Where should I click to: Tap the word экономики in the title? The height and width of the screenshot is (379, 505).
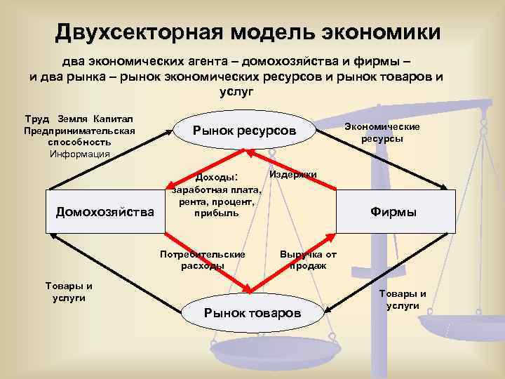pos(380,32)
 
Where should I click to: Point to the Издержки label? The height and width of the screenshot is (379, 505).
pos(292,174)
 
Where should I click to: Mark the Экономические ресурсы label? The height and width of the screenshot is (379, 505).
pos(382,133)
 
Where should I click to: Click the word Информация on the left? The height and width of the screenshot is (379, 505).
pos(79,154)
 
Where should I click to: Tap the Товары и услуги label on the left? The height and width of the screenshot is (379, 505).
pos(69,292)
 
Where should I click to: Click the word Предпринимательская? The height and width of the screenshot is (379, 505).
pos(79,131)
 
